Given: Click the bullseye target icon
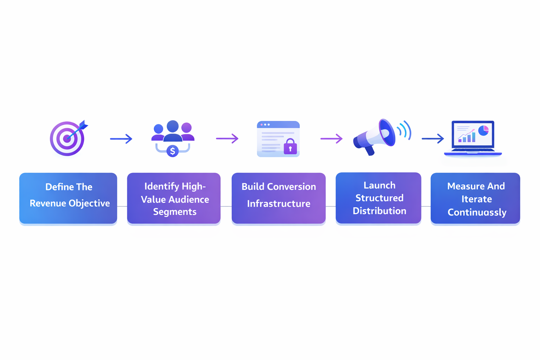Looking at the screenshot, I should [67, 139].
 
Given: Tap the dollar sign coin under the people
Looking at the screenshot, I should [172, 151].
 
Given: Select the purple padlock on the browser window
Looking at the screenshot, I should [290, 147].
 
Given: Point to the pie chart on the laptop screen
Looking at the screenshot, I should [483, 130].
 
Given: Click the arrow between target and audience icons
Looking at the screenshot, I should [121, 139].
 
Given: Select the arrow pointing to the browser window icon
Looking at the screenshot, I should [227, 139].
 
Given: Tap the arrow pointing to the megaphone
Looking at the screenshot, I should [331, 139].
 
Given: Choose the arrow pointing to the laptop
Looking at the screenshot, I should [433, 139].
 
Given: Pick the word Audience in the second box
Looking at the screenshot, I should [189, 199].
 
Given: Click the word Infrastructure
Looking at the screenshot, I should [278, 204].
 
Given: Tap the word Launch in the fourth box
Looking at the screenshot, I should [379, 185].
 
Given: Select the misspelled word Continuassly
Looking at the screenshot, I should [477, 212].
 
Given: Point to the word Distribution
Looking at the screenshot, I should [379, 211].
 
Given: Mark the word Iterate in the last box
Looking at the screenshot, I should [476, 199].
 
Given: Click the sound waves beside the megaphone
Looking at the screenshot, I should [404, 130].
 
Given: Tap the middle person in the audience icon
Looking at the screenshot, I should [173, 130].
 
